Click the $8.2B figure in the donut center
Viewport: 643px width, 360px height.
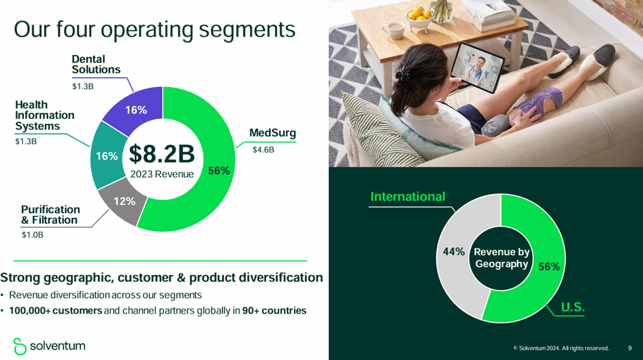(x=162, y=154)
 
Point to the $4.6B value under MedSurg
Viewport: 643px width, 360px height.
(x=263, y=150)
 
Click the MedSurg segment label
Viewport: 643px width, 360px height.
(x=272, y=133)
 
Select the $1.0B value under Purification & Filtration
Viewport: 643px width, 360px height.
(x=33, y=235)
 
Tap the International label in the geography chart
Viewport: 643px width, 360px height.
(x=408, y=197)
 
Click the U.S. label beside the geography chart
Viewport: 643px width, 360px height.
(x=572, y=307)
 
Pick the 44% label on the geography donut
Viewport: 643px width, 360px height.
(x=454, y=251)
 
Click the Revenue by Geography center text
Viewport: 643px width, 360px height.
(x=501, y=258)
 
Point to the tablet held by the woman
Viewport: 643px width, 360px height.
(x=478, y=67)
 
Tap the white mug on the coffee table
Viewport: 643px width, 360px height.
(x=393, y=29)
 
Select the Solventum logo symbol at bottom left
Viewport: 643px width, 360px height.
(x=20, y=346)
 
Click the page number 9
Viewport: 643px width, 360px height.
(x=630, y=348)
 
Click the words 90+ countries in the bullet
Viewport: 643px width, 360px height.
(x=274, y=310)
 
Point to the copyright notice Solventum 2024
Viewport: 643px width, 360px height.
(x=561, y=348)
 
